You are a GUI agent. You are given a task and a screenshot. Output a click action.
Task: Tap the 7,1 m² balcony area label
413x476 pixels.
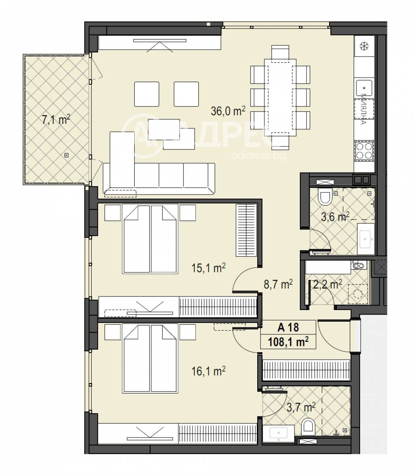click(55, 120)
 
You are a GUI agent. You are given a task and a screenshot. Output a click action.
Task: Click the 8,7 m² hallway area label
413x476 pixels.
click(278, 284)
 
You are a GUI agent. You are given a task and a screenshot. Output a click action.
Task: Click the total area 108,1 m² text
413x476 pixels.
click(288, 342)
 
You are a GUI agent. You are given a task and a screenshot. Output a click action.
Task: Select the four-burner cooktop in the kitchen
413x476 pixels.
click(364, 150)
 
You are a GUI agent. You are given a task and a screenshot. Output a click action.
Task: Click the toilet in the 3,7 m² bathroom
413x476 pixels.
click(308, 426)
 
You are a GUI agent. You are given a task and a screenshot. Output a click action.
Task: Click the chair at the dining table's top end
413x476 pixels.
click(280, 53)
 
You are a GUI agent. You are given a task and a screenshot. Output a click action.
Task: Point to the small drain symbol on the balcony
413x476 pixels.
click(66, 155)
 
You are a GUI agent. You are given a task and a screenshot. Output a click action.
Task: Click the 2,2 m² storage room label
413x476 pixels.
click(328, 284)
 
